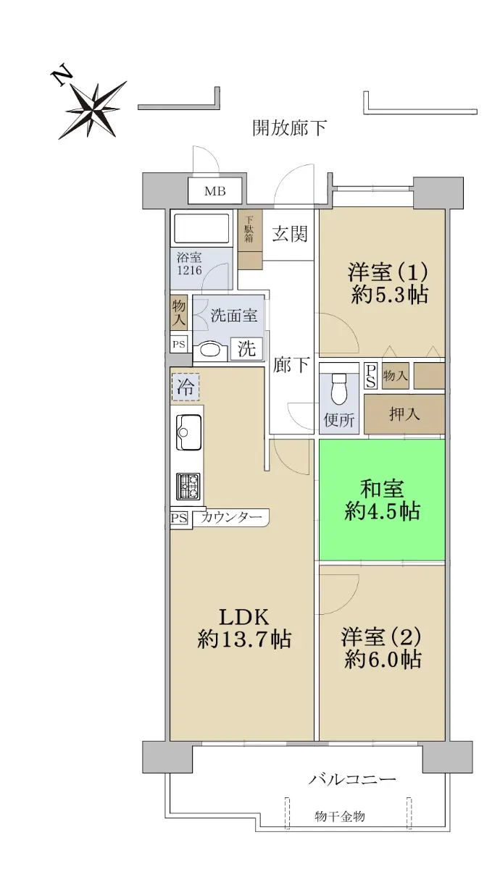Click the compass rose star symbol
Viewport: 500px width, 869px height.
point(93,110)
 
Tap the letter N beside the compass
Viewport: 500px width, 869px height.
point(62,77)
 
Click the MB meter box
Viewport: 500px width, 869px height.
point(215,191)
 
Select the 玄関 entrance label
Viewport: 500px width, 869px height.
point(290,235)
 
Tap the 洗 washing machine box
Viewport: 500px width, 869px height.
point(246,348)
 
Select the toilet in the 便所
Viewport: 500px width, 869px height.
point(340,390)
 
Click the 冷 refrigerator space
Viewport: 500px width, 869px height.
point(186,387)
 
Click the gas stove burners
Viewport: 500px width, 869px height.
point(188,487)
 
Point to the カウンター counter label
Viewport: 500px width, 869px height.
point(231,517)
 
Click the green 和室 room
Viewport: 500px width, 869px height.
point(382,500)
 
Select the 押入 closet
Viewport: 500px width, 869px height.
point(404,414)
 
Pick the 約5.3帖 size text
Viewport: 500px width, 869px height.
point(390,295)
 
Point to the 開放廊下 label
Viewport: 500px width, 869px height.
point(290,127)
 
